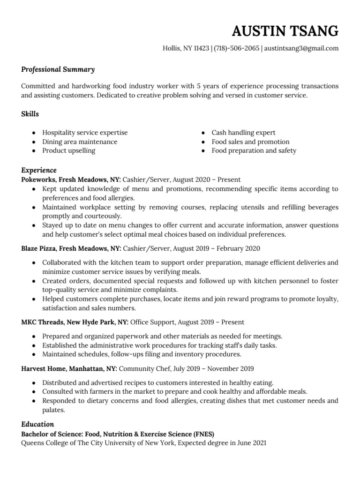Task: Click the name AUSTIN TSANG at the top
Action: (285, 31)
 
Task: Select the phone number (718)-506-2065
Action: (237, 48)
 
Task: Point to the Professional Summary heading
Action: (58, 69)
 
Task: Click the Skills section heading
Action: (30, 114)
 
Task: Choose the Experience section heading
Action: (39, 170)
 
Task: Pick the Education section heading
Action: (37, 424)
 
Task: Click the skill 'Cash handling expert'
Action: (243, 133)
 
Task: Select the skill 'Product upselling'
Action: (68, 150)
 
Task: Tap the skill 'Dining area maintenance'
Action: (80, 142)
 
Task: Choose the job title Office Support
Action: (152, 322)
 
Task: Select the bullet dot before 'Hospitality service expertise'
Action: (34, 133)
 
